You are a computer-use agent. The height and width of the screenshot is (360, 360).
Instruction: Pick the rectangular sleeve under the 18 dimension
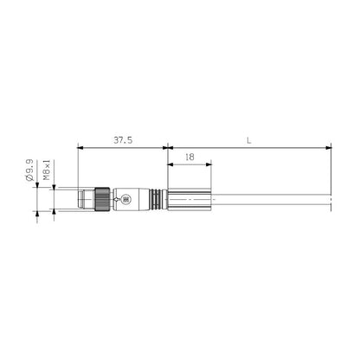(188, 199)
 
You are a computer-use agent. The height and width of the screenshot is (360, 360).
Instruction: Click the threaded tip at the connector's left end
(85, 199)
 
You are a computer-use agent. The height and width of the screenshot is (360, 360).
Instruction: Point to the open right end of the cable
(330, 199)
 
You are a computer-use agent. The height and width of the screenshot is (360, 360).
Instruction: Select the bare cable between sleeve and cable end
(268, 199)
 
